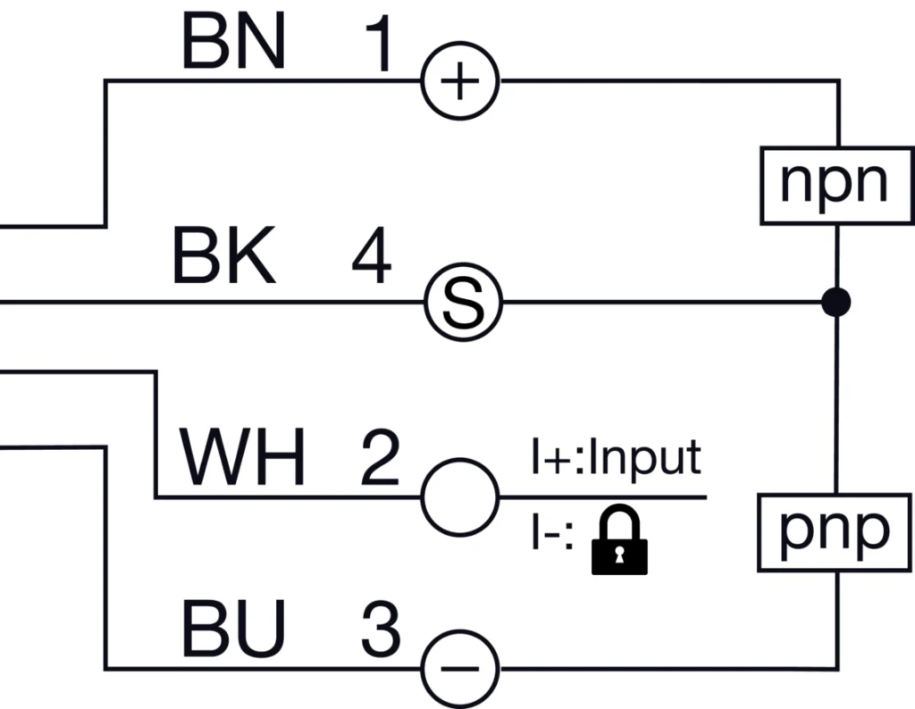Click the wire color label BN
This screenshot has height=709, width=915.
[233, 43]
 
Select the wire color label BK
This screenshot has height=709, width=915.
[223, 258]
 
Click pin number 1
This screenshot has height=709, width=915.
[379, 46]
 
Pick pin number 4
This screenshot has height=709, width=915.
[371, 259]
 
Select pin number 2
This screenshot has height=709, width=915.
[380, 459]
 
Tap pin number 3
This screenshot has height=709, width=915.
[381, 630]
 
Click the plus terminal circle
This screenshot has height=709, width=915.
[460, 83]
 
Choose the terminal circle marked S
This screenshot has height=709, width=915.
[461, 303]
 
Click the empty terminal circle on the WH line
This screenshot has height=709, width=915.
[459, 496]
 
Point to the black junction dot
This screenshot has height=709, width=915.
[837, 303]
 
